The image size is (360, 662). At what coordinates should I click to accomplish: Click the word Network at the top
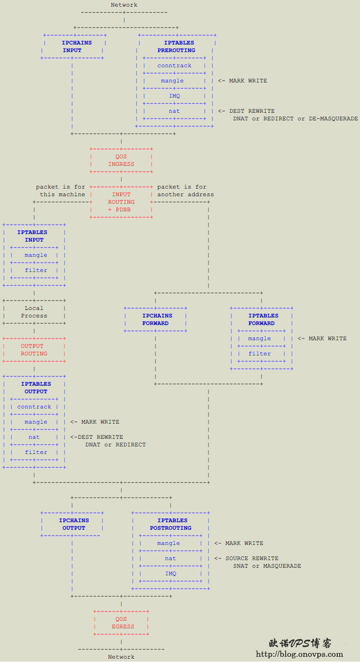point(124,5)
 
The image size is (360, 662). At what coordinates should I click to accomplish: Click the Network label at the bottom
point(121,657)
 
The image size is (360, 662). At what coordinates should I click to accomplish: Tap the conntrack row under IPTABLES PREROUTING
point(174,65)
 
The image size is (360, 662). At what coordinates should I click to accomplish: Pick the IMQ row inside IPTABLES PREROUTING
point(174,96)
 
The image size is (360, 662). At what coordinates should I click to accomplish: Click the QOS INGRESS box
point(121,160)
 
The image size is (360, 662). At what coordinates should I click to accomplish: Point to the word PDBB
point(123,209)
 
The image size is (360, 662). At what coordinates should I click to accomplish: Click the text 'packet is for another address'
point(186,190)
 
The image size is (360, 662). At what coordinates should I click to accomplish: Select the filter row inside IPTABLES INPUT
point(34,270)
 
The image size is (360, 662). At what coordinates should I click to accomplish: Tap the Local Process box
point(34,312)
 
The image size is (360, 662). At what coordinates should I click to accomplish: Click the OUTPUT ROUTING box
point(34,350)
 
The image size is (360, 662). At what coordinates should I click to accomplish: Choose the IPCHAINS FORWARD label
point(157,319)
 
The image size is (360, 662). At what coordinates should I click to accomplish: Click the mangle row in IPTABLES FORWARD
point(261,338)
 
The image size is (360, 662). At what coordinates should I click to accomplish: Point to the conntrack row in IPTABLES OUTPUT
point(34,407)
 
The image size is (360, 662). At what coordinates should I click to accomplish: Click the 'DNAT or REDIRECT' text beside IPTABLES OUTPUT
point(116,444)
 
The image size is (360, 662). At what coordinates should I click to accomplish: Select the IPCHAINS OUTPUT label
point(74,524)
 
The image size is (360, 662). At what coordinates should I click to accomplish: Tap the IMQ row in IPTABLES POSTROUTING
point(171,573)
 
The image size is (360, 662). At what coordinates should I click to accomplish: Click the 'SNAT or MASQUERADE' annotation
point(267,566)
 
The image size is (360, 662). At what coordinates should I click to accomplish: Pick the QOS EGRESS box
point(121,623)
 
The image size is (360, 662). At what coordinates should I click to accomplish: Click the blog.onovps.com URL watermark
point(299,654)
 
